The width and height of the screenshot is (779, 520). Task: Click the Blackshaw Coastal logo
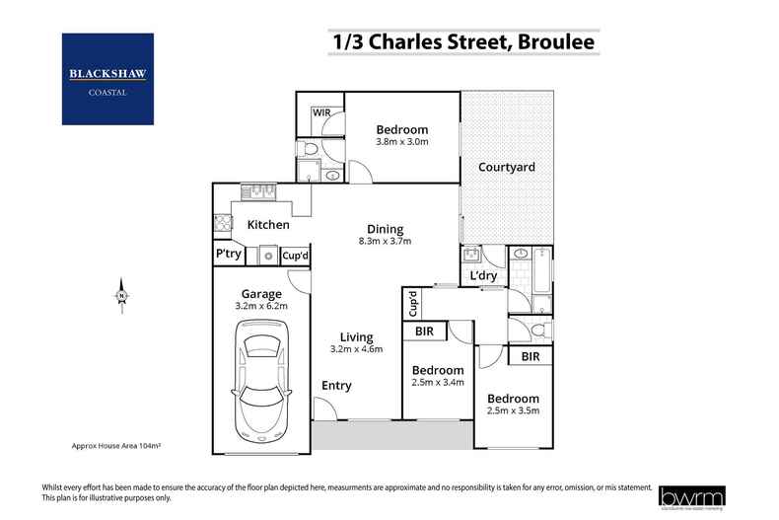click(107, 79)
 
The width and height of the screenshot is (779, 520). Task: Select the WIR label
click(321, 113)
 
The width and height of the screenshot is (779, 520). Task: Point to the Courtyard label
click(507, 167)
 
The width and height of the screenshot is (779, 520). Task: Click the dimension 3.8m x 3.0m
click(401, 142)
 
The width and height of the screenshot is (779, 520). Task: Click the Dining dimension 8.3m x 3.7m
click(385, 241)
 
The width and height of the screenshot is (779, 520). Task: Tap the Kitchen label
click(268, 225)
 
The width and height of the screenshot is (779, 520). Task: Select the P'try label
click(229, 255)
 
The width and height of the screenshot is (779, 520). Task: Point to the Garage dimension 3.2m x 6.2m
click(262, 306)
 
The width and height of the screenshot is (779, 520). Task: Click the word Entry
click(337, 386)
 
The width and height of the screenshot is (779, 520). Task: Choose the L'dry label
click(483, 275)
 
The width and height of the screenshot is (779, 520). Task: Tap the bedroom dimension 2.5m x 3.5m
click(513, 410)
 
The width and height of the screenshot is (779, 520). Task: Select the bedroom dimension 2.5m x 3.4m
click(437, 383)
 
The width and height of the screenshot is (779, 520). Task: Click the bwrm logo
click(707, 493)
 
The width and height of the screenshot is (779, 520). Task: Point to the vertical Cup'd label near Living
click(413, 304)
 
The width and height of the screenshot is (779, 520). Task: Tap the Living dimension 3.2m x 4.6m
click(356, 348)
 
